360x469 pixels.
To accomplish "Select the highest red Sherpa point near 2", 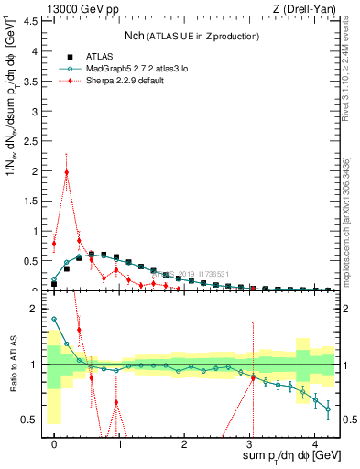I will (x=67, y=172).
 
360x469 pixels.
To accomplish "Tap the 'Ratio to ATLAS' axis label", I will (x=12, y=365).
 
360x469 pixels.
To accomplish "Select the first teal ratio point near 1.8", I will (x=54, y=320).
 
